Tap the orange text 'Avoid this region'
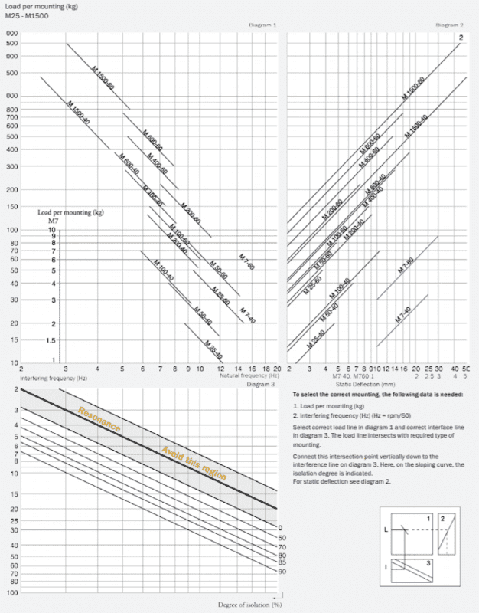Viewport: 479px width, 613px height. pyautogui.click(x=194, y=463)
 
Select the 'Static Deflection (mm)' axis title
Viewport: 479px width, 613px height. pyautogui.click(x=354, y=383)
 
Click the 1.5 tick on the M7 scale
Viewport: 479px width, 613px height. pyautogui.click(x=51, y=339)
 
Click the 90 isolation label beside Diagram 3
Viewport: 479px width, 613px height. pyautogui.click(x=282, y=572)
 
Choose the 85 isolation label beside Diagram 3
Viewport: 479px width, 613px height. pyautogui.click(x=282, y=562)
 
